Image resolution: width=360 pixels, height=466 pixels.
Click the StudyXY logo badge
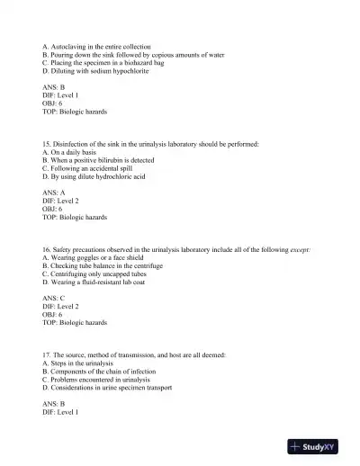pyautogui.click(x=319, y=447)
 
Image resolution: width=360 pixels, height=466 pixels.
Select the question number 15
pyautogui.click(x=47, y=144)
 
